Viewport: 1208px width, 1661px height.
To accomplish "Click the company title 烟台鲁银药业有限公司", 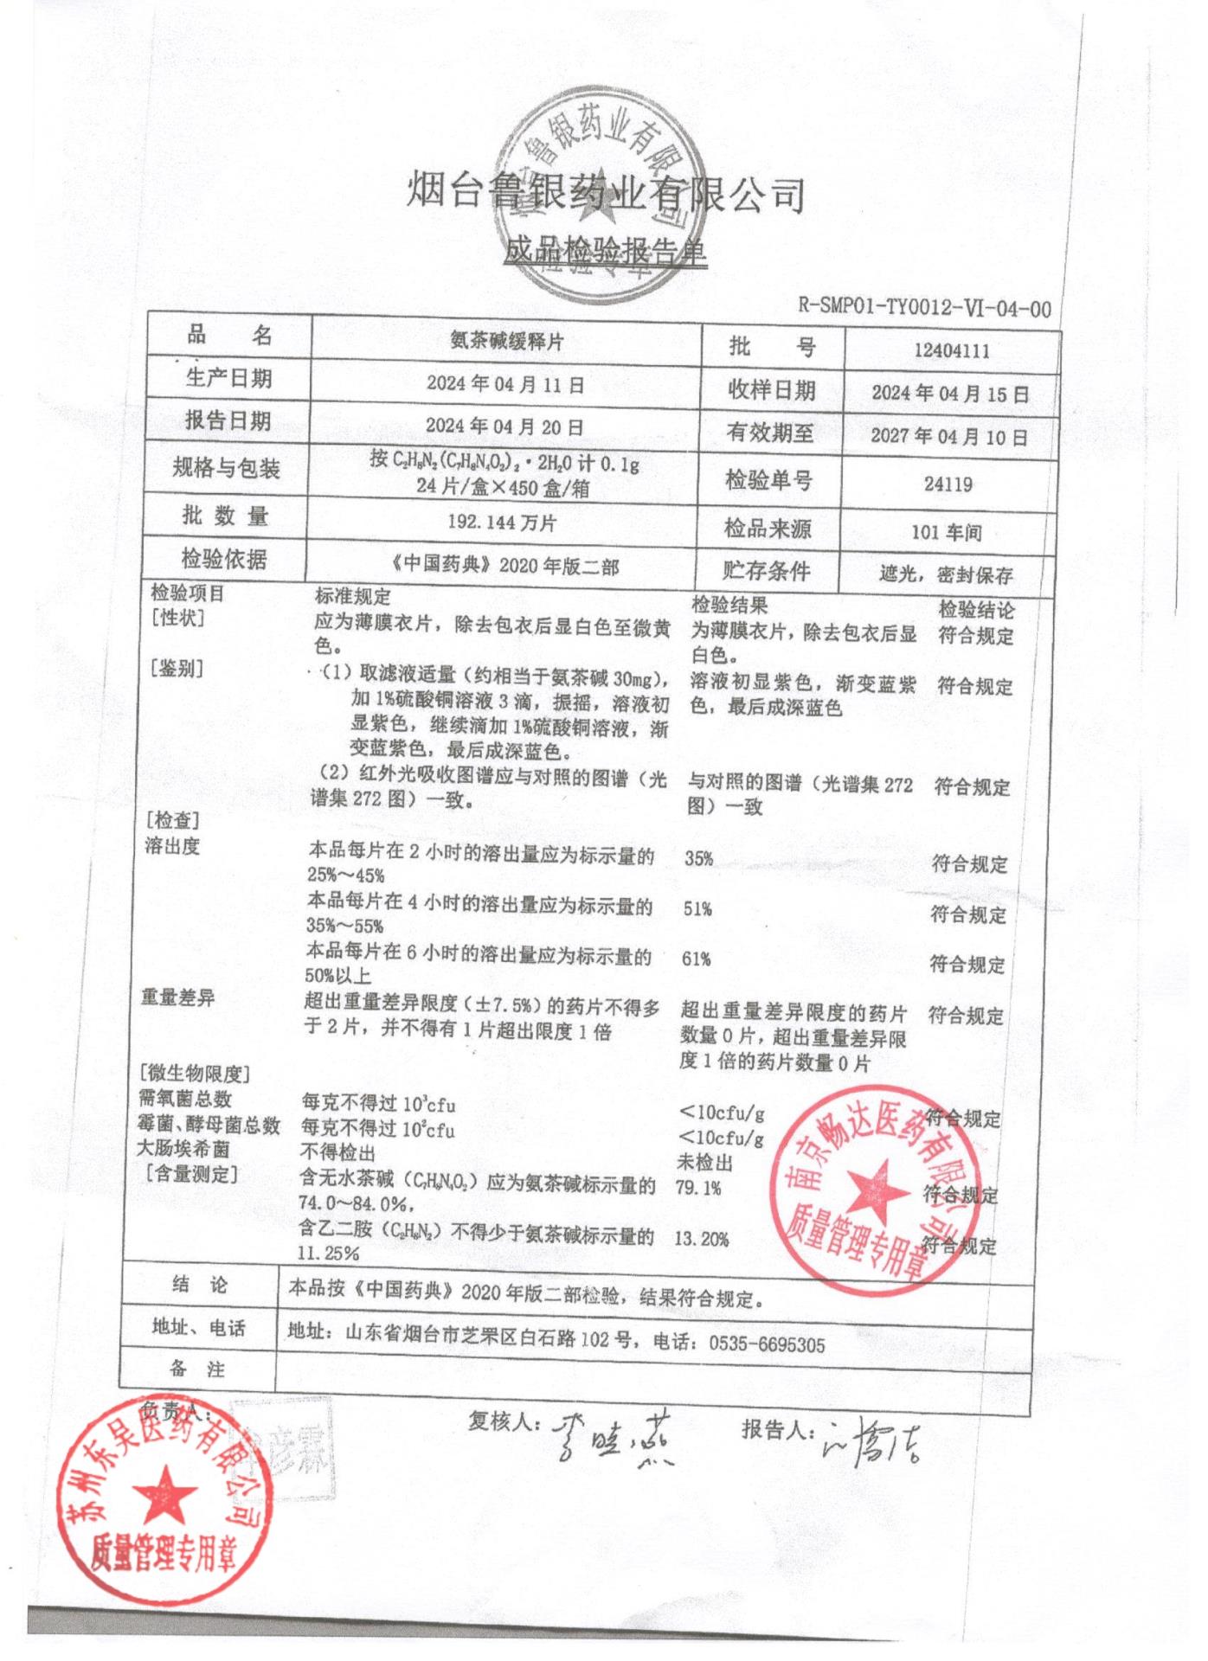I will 606,192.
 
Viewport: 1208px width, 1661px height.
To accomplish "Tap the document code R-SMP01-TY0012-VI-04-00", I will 923,308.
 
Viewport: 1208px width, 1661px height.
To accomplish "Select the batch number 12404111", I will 951,351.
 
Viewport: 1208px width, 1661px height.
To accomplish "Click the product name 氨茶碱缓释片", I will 506,342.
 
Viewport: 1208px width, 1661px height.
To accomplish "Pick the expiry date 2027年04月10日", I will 949,436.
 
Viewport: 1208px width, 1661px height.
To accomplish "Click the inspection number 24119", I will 948,484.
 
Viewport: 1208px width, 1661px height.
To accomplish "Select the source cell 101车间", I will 947,531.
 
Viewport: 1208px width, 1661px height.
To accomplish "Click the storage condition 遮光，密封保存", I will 946,574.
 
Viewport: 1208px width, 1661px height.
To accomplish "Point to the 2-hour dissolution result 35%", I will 698,858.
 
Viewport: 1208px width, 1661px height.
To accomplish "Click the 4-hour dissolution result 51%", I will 697,908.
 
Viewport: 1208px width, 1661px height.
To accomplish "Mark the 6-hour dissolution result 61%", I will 697,959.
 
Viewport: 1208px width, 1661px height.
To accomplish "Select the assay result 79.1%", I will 698,1188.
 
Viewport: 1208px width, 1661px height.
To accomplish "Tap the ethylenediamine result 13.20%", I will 702,1239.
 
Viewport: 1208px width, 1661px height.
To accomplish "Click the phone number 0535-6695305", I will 767,1344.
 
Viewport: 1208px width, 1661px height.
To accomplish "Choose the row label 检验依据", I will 223,560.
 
